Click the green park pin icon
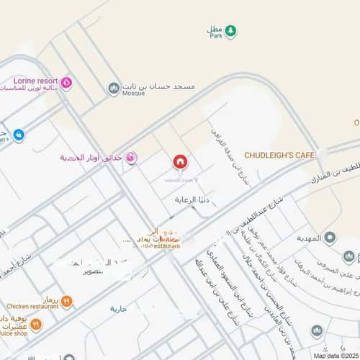[x=230, y=30]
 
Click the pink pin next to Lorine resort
[x=66, y=83]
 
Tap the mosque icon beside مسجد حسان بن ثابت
[x=114, y=88]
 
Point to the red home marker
[x=180, y=161]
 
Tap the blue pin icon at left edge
[x=19, y=134]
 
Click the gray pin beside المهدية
[x=330, y=238]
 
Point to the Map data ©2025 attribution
[x=335, y=355]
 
